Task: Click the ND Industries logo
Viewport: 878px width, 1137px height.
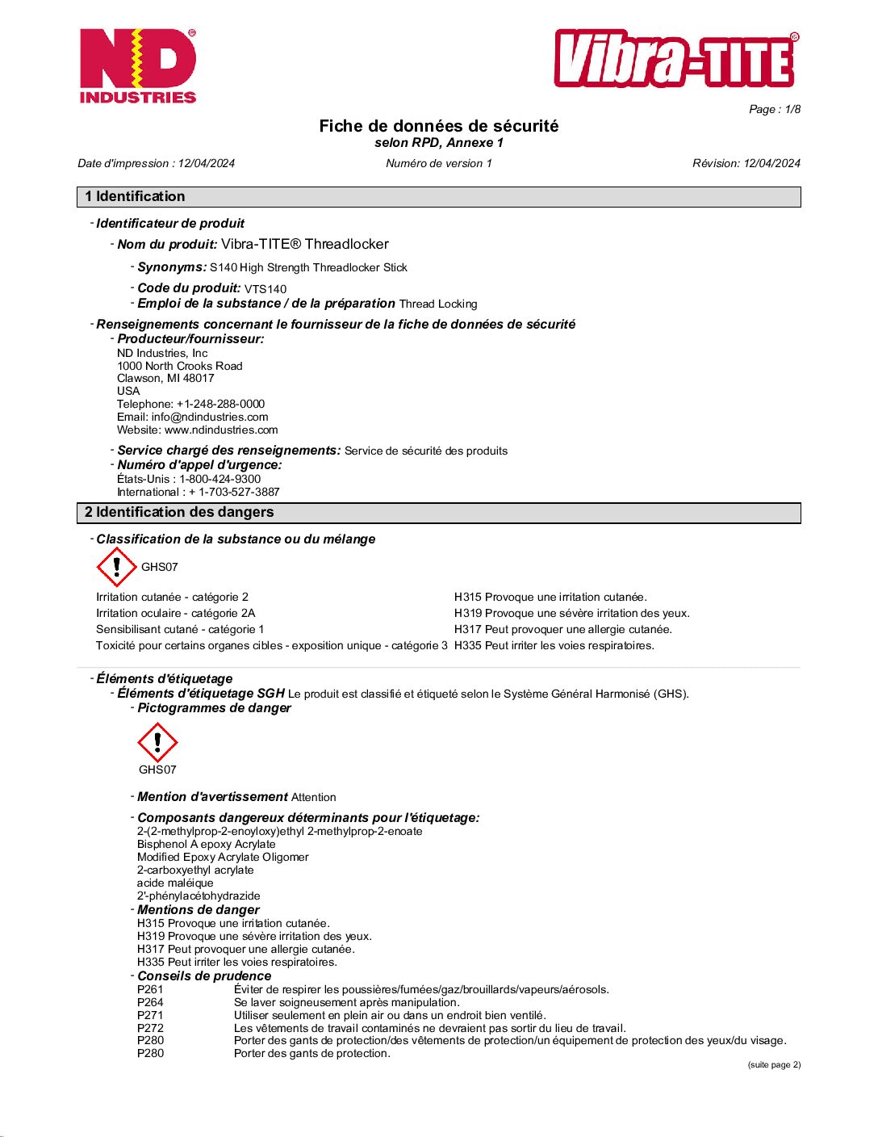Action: [x=137, y=66]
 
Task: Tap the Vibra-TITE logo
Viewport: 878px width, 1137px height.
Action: [x=676, y=59]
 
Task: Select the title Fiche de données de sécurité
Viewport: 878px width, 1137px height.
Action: [x=438, y=126]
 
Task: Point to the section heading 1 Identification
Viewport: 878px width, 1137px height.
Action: [x=135, y=196]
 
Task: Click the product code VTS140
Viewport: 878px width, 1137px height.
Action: [x=265, y=289]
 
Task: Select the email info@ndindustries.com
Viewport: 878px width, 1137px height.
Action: [x=210, y=417]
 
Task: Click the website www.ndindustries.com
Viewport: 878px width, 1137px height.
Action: [x=221, y=430]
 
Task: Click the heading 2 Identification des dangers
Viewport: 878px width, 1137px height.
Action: [x=179, y=512]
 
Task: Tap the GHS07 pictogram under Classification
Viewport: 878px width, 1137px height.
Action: [x=117, y=567]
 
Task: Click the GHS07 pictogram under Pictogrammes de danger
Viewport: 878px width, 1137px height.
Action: [x=157, y=742]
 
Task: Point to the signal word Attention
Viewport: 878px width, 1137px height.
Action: [x=313, y=797]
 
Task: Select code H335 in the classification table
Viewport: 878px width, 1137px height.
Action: [x=467, y=645]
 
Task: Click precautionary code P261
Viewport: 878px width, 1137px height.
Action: [x=150, y=989]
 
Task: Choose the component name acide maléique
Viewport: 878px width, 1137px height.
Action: [x=175, y=883]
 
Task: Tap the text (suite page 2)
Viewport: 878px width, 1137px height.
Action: [x=774, y=1064]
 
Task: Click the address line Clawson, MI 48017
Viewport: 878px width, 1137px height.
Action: [x=165, y=378]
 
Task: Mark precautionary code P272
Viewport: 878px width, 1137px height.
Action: [x=150, y=1028]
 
